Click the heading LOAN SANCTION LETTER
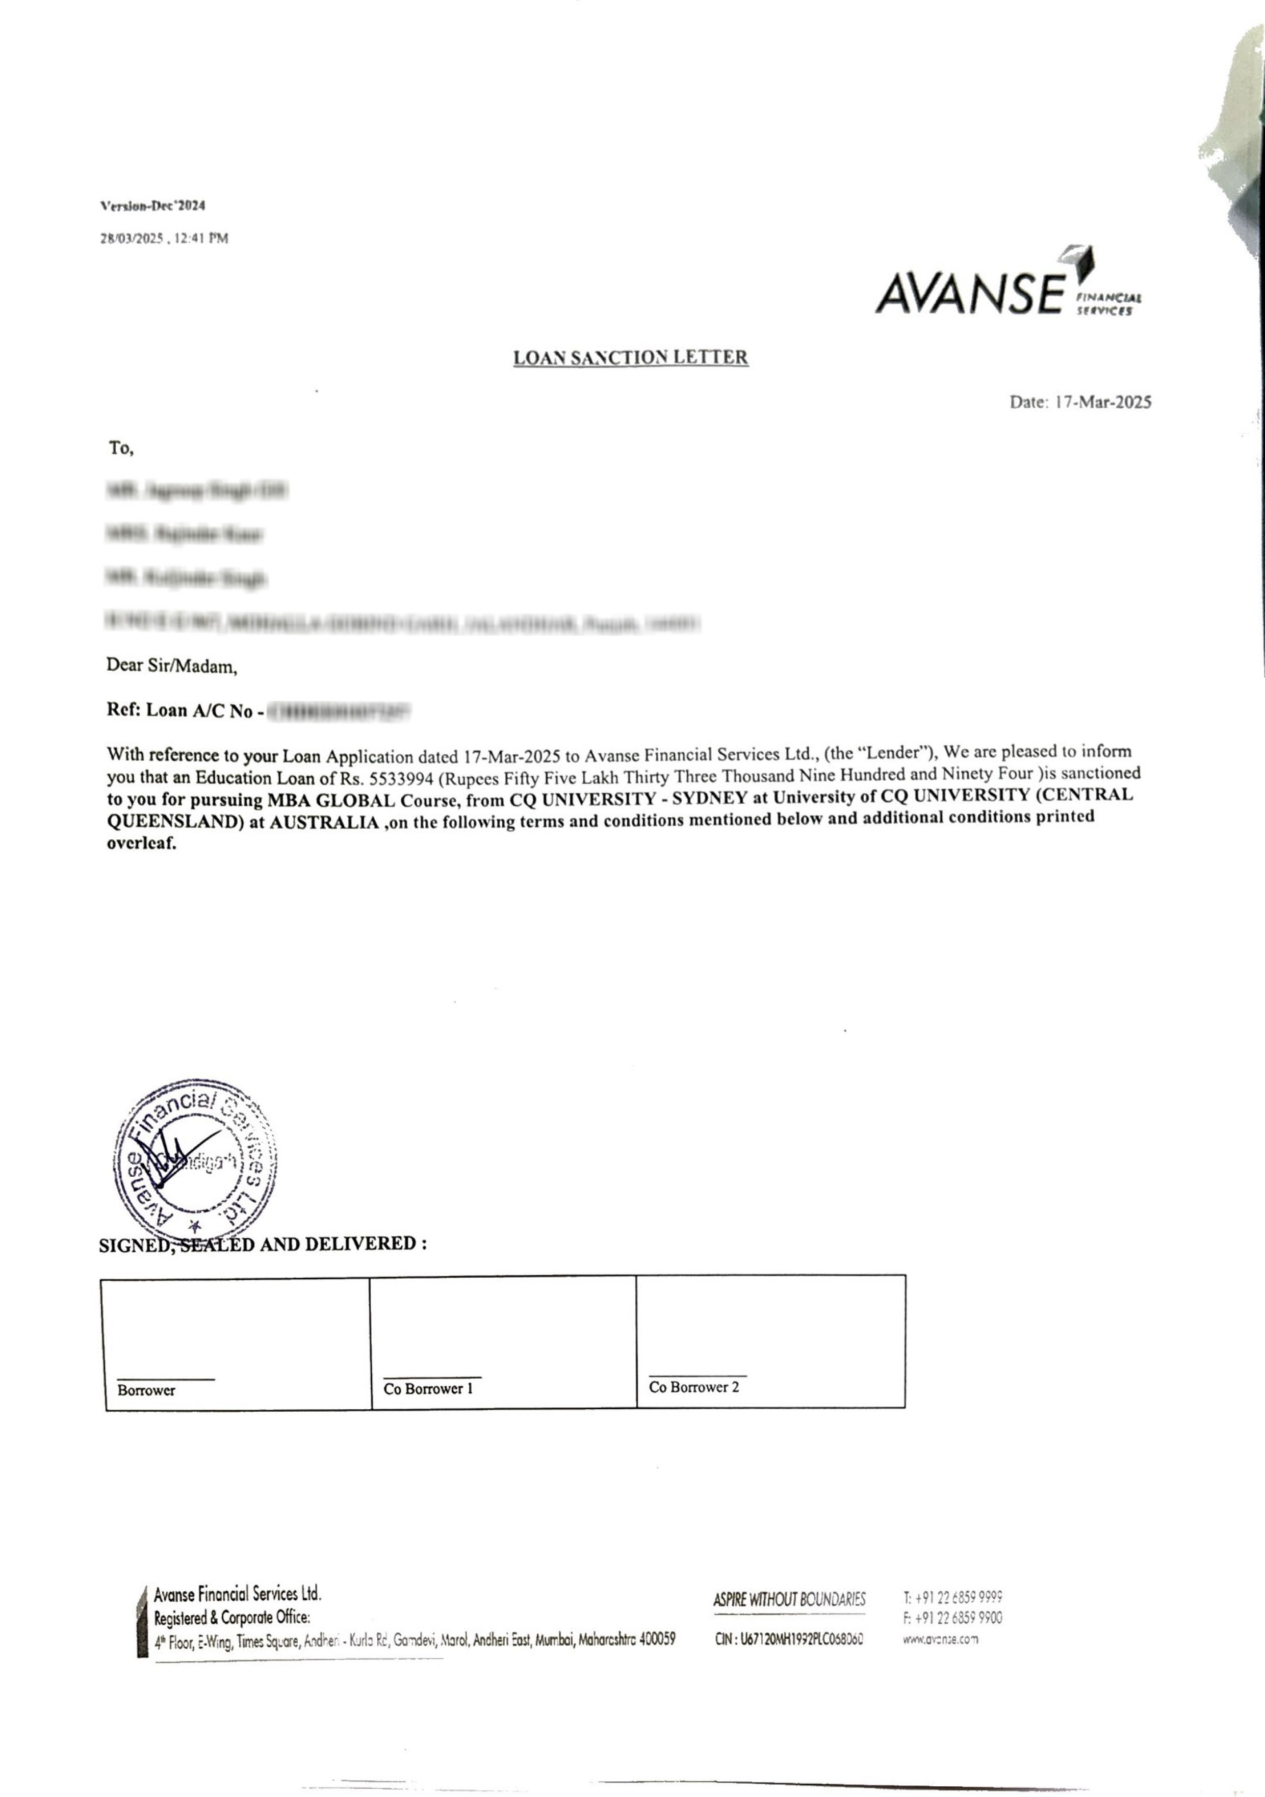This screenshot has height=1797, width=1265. (630, 358)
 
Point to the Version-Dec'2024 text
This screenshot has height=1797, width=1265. (152, 206)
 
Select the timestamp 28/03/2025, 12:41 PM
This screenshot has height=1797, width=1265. (164, 238)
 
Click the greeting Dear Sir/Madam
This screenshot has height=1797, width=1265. (171, 666)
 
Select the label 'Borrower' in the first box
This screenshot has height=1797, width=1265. (146, 1390)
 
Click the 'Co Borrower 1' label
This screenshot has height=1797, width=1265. (428, 1388)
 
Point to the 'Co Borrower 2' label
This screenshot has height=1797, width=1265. (693, 1387)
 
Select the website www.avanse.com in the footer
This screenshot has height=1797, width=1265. (940, 1639)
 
